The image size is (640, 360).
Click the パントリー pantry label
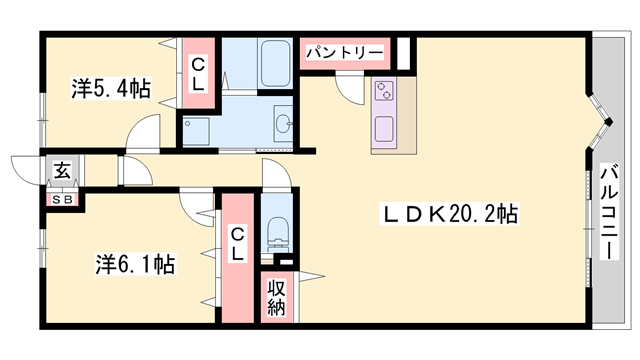(345, 53)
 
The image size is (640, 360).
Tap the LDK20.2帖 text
(449, 214)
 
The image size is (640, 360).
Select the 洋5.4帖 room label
(111, 88)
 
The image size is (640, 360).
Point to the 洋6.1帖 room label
(136, 264)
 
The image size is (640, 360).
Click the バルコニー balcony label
(609, 212)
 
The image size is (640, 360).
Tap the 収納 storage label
(276, 298)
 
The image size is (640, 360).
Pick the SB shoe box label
(63, 200)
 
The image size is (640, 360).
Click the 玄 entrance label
(62, 171)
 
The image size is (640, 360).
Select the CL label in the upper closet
(198, 74)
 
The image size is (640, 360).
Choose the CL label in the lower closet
(238, 244)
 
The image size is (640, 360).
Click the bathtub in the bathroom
(276, 64)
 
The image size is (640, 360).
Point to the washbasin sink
(283, 122)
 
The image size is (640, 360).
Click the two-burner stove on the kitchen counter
(384, 91)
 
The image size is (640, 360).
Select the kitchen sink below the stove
(384, 129)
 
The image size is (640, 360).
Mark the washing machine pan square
(196, 131)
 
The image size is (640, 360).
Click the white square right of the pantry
(403, 53)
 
